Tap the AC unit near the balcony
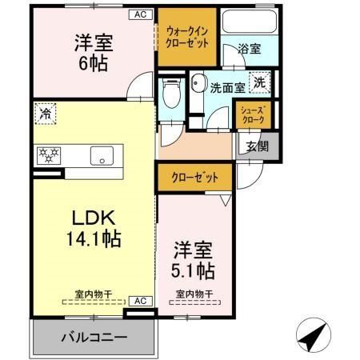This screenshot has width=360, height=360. [x=138, y=301]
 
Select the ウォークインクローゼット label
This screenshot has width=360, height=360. [x=187, y=37]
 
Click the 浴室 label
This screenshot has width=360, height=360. [x=249, y=50]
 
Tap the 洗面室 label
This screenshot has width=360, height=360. [x=226, y=88]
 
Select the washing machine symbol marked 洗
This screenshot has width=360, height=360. [x=260, y=82]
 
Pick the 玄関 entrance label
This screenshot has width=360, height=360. [x=257, y=146]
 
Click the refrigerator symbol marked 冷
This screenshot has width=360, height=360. [x=46, y=115]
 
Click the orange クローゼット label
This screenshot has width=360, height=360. [x=194, y=177]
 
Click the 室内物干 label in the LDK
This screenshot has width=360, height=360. [x=94, y=294]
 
